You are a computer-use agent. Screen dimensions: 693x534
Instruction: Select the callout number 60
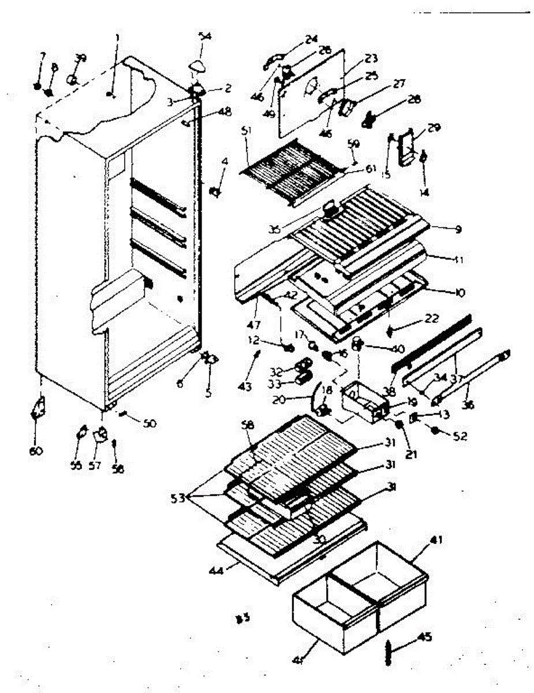tap(36, 450)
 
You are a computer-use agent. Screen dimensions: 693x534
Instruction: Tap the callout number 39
tap(81, 58)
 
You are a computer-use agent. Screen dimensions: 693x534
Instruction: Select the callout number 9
tap(458, 229)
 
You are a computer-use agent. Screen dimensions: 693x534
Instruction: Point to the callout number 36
tap(468, 405)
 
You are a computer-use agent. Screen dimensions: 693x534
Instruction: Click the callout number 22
tap(432, 319)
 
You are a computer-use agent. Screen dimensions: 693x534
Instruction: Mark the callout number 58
tap(248, 425)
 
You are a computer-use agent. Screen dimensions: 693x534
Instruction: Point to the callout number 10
tap(460, 293)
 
